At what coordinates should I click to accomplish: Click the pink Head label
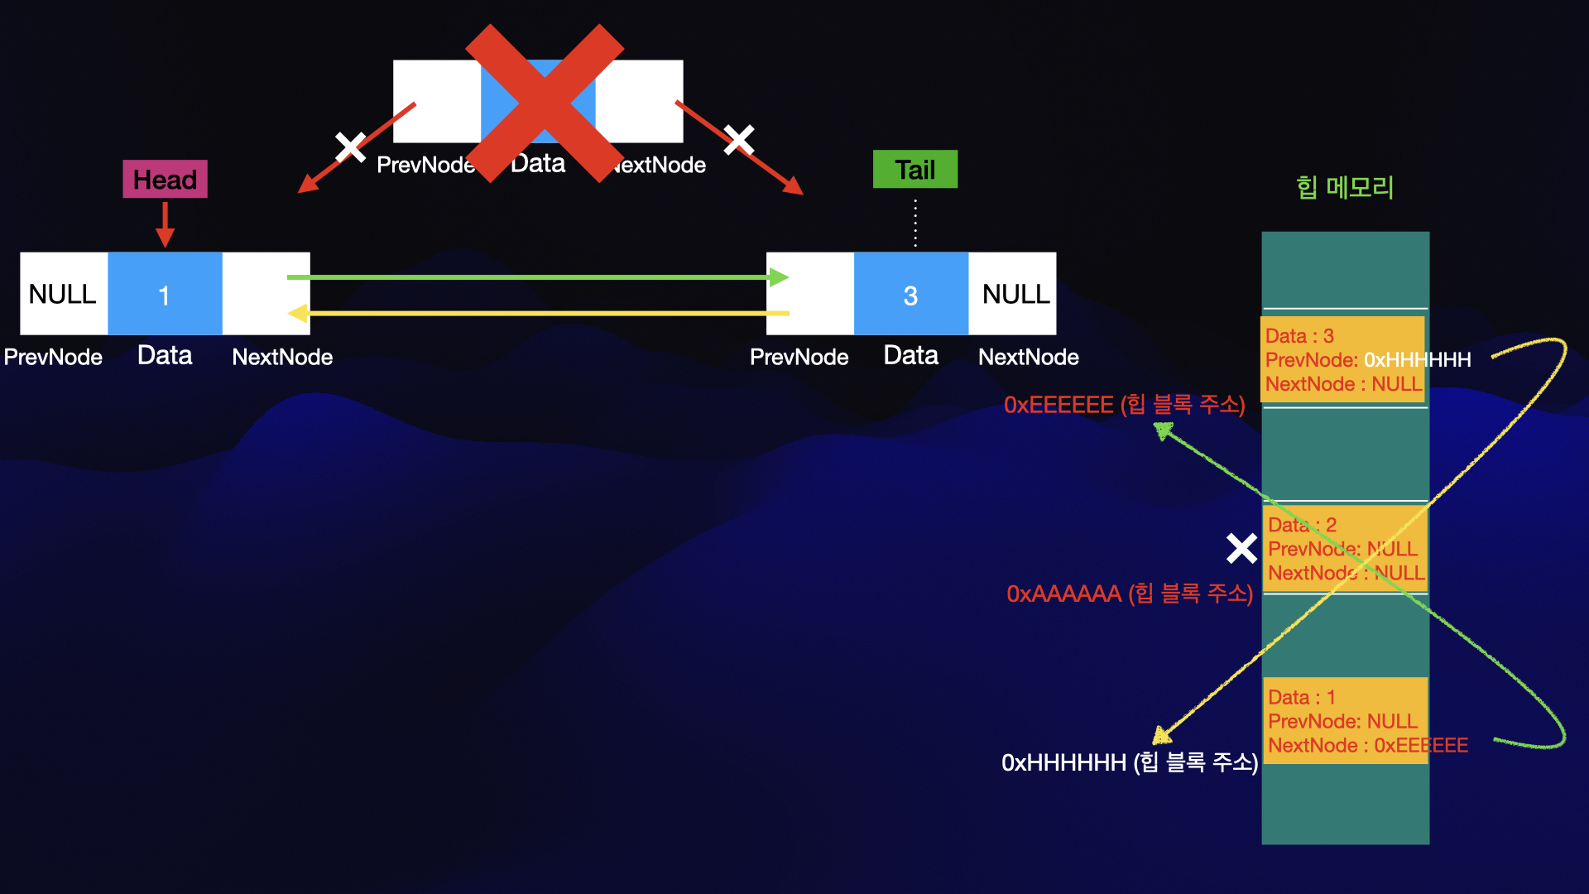[165, 179]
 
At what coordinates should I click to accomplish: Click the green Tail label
[915, 170]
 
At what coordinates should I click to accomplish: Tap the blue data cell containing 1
[165, 294]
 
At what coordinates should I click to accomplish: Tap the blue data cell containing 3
[910, 294]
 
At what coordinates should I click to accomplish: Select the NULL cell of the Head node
[63, 294]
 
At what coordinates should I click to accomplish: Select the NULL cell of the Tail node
[1015, 294]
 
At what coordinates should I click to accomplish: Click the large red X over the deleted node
[544, 103]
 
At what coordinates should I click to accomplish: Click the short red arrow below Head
[165, 224]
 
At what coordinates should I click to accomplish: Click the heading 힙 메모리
[1345, 188]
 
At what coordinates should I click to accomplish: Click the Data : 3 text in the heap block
[1299, 336]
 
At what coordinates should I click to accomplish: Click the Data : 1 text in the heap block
[1301, 697]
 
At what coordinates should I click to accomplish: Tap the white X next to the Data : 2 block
[1241, 548]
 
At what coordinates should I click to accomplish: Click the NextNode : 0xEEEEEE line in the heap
[1367, 746]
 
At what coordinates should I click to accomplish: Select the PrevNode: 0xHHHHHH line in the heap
[1367, 360]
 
